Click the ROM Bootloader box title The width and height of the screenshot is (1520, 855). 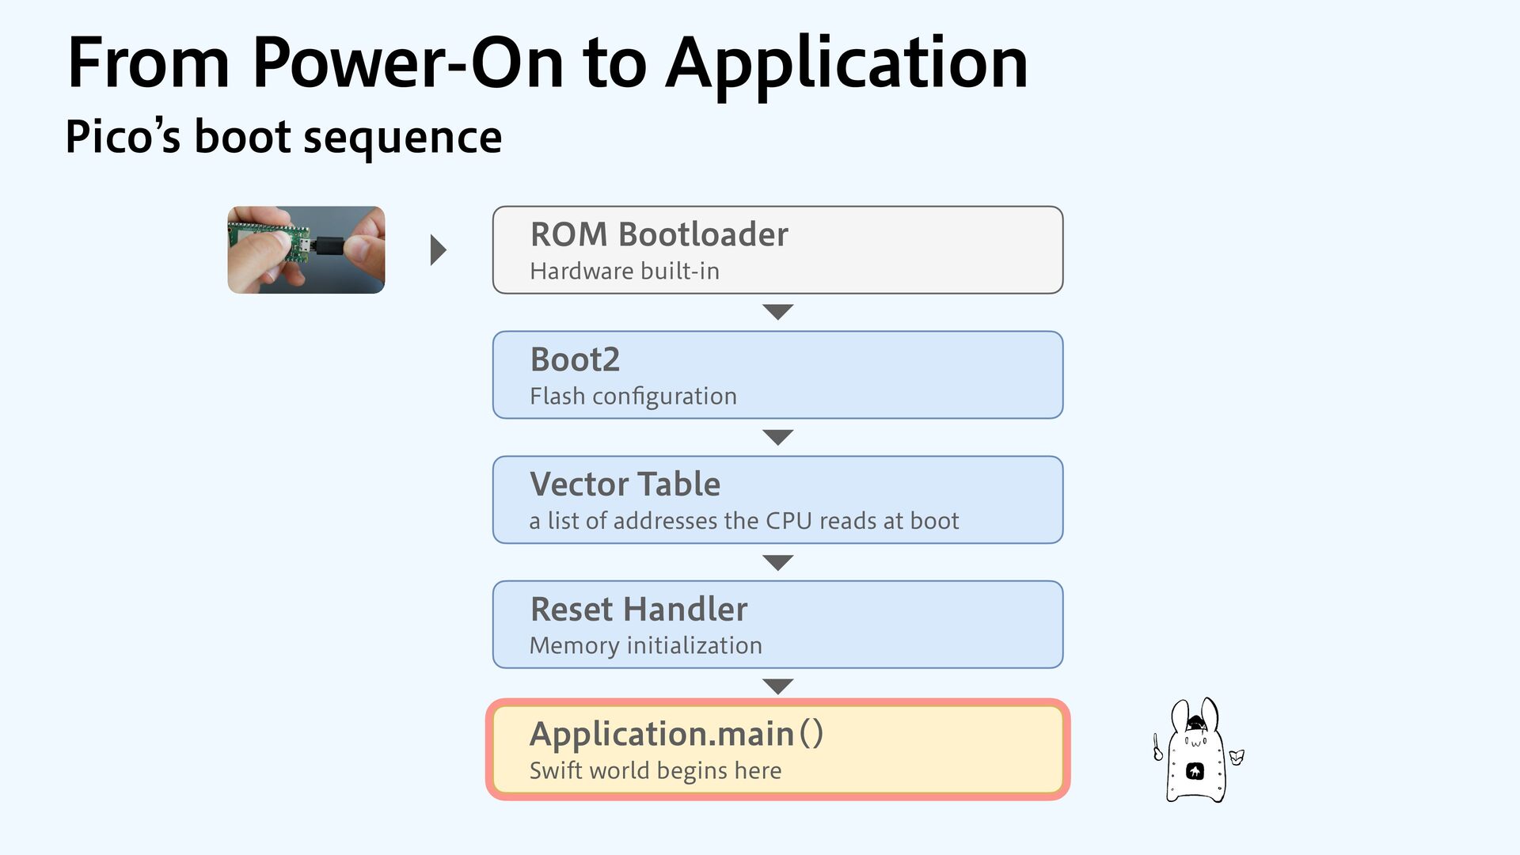pos(659,234)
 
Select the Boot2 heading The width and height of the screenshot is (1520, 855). pos(575,359)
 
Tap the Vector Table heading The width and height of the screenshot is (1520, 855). pos(625,484)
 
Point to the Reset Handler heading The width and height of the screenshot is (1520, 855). pos(638,609)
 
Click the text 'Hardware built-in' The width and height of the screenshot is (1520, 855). pos(624,272)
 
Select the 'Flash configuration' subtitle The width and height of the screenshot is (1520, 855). pos(633,396)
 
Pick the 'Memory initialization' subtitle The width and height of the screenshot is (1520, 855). pos(645,646)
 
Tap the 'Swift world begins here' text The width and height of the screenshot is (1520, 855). pos(655,770)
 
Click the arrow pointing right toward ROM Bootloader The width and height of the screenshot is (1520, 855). pos(438,250)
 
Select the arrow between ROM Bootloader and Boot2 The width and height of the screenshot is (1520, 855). pos(777,312)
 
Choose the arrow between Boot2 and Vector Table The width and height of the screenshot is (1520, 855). pos(777,437)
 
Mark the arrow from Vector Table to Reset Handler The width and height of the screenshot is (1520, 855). pos(777,562)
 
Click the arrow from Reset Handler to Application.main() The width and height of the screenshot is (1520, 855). pos(777,686)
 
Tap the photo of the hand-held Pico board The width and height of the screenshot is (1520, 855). pos(306,250)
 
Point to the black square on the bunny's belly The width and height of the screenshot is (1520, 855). pos(1195,771)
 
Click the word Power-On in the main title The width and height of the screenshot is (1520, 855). pos(408,63)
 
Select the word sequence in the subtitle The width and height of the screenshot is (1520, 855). pos(402,138)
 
